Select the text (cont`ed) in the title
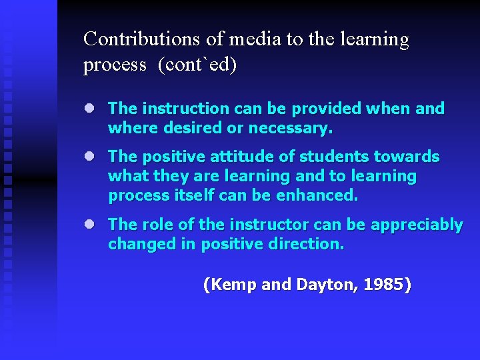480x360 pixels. point(197,65)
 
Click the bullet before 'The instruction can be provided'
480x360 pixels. point(88,108)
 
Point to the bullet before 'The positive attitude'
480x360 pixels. point(88,157)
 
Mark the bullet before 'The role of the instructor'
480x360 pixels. point(88,225)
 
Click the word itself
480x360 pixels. point(199,196)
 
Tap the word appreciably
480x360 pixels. point(417,225)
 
